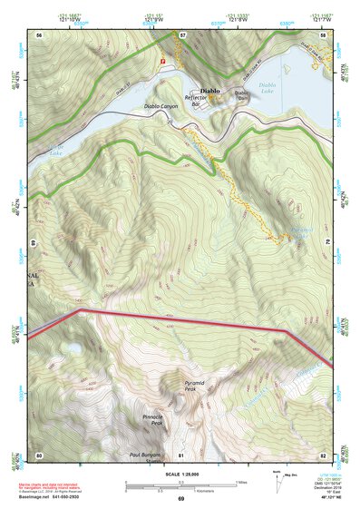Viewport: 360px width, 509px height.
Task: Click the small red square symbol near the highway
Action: click(x=163, y=61)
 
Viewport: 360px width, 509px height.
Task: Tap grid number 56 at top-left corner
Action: click(x=39, y=34)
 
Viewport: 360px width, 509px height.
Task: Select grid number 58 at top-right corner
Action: click(x=323, y=34)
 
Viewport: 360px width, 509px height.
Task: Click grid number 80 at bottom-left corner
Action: click(x=39, y=454)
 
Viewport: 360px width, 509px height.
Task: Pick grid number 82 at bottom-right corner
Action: click(x=323, y=454)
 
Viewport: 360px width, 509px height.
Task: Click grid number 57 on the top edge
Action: click(x=181, y=34)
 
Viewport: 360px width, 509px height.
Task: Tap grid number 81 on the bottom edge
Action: click(x=181, y=454)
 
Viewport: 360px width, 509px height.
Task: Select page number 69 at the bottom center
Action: click(x=180, y=499)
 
